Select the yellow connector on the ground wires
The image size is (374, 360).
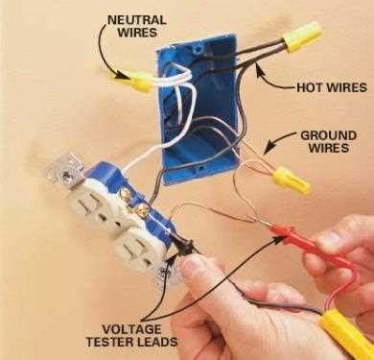pos(284,176)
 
